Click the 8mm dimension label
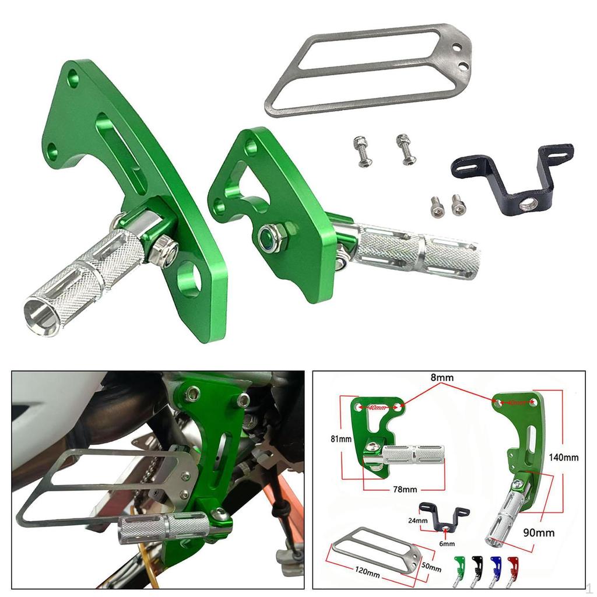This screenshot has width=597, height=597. pos(442,378)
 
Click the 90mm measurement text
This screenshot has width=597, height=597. pos(540,532)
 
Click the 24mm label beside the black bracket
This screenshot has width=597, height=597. pos(418,521)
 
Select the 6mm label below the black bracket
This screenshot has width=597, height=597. pos(447,544)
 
